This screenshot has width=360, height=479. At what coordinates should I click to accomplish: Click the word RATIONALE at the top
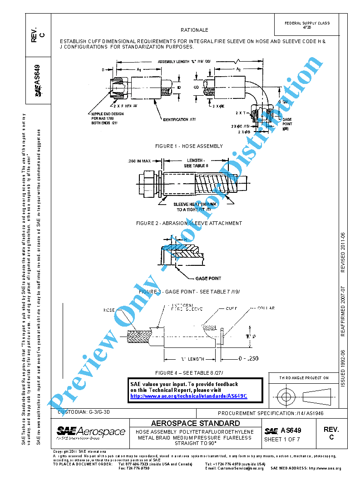pyautogui.click(x=194, y=30)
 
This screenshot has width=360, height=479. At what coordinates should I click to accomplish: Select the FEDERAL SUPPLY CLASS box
pyautogui.click(x=307, y=25)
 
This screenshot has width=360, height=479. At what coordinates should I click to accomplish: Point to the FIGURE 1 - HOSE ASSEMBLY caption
pyautogui.click(x=189, y=146)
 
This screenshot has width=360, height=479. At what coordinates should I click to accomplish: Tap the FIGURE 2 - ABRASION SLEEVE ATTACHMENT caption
pyautogui.click(x=189, y=223)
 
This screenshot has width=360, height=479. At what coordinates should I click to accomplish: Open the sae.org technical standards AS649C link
pyautogui.click(x=188, y=396)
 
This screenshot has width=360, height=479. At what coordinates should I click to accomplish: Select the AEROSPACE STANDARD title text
pyautogui.click(x=195, y=423)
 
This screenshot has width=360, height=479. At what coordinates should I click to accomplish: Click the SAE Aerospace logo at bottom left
pyautogui.click(x=91, y=432)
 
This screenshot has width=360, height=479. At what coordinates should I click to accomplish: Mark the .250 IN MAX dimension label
pyautogui.click(x=139, y=161)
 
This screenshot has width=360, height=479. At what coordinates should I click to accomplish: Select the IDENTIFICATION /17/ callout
pyautogui.click(x=182, y=119)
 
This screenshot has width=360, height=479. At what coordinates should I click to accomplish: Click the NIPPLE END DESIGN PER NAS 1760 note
pyautogui.click(x=104, y=119)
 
